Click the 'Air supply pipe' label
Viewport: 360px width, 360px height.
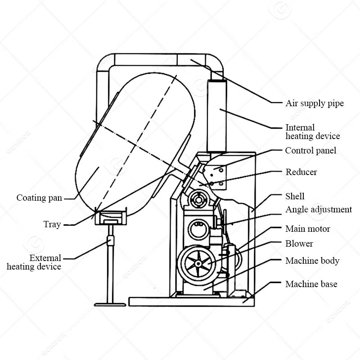(x=315, y=103)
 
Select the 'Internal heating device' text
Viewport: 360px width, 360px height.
(x=312, y=131)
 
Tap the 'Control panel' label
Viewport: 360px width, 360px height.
(x=310, y=151)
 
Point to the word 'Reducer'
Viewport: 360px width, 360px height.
(x=301, y=172)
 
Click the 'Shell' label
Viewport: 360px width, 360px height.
(x=295, y=196)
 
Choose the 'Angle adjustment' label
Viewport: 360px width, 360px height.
(x=319, y=209)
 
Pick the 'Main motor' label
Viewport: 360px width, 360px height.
(x=307, y=229)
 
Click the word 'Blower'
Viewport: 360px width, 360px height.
(x=299, y=243)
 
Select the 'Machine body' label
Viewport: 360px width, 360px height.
(x=312, y=261)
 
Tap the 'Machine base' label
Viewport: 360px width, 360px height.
(x=311, y=284)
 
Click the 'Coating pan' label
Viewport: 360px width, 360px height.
(x=39, y=198)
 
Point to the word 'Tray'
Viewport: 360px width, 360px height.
(x=52, y=224)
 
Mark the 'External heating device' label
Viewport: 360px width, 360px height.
(x=34, y=262)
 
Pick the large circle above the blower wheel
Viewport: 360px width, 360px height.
(x=198, y=231)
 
